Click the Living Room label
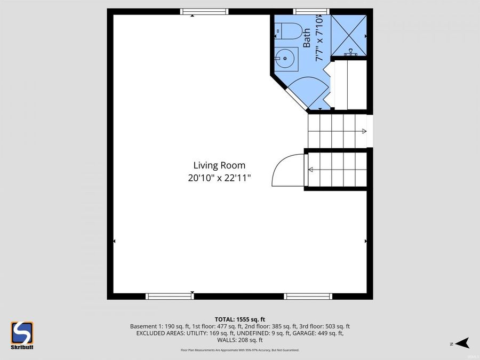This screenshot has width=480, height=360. (x=219, y=165)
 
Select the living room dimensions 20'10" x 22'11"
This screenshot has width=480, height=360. (x=219, y=178)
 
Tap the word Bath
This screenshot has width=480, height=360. (x=307, y=38)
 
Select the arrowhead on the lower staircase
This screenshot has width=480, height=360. (x=310, y=170)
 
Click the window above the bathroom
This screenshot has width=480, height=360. (x=311, y=11)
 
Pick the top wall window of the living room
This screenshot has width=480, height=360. (x=204, y=11)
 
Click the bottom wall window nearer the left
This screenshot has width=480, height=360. (x=170, y=296)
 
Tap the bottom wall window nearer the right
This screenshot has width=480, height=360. (x=308, y=296)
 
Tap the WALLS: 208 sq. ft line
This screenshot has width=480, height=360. (x=239, y=340)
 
